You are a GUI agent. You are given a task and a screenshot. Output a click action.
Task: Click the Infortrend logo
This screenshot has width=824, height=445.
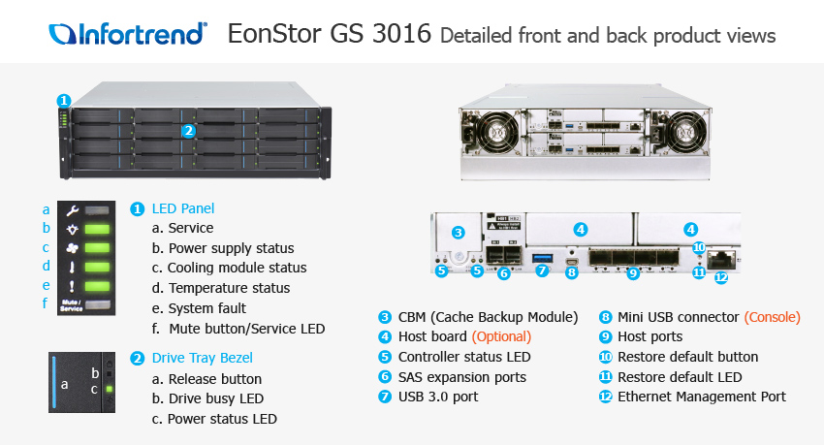pos(128,34)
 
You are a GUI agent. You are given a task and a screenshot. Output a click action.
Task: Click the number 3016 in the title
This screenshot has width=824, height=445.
pos(401,34)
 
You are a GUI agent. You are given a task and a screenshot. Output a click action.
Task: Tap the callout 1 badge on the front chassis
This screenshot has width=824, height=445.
pos(64,101)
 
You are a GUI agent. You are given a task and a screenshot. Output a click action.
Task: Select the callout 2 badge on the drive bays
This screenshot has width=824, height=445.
pos(189,131)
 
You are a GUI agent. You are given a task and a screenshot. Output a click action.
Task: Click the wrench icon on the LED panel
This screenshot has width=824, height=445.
pos(72,210)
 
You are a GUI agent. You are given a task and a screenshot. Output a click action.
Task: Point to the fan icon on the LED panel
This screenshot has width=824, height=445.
pos(72,248)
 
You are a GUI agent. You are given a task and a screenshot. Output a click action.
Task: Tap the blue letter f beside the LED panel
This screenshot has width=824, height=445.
pos(46,303)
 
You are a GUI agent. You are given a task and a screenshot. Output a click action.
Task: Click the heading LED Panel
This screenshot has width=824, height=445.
pos(183,208)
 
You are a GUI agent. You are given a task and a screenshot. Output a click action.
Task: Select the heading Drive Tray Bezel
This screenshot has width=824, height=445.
pos(203,358)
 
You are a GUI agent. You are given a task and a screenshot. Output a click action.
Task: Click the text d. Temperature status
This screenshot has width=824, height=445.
pos(221,288)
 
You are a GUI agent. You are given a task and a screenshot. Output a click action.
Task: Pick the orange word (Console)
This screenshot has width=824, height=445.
pos(772,317)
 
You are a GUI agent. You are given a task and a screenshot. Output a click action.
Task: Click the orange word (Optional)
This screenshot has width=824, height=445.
pos(501,336)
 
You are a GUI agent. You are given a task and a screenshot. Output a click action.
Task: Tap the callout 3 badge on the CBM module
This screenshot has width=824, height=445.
pos(458,233)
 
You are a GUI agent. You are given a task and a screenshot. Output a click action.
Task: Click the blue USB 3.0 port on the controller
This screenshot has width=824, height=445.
pos(542,258)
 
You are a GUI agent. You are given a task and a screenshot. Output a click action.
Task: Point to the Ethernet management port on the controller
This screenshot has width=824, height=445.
pos(721,259)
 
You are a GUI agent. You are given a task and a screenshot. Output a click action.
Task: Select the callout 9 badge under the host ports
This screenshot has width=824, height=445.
pos(633,272)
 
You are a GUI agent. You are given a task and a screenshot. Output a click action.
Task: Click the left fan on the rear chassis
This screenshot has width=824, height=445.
pos(492,132)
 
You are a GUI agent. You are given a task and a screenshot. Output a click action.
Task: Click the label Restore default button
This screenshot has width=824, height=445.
pos(688,357)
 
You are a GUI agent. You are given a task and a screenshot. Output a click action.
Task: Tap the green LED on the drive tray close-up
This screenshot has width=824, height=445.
pos(110,390)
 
